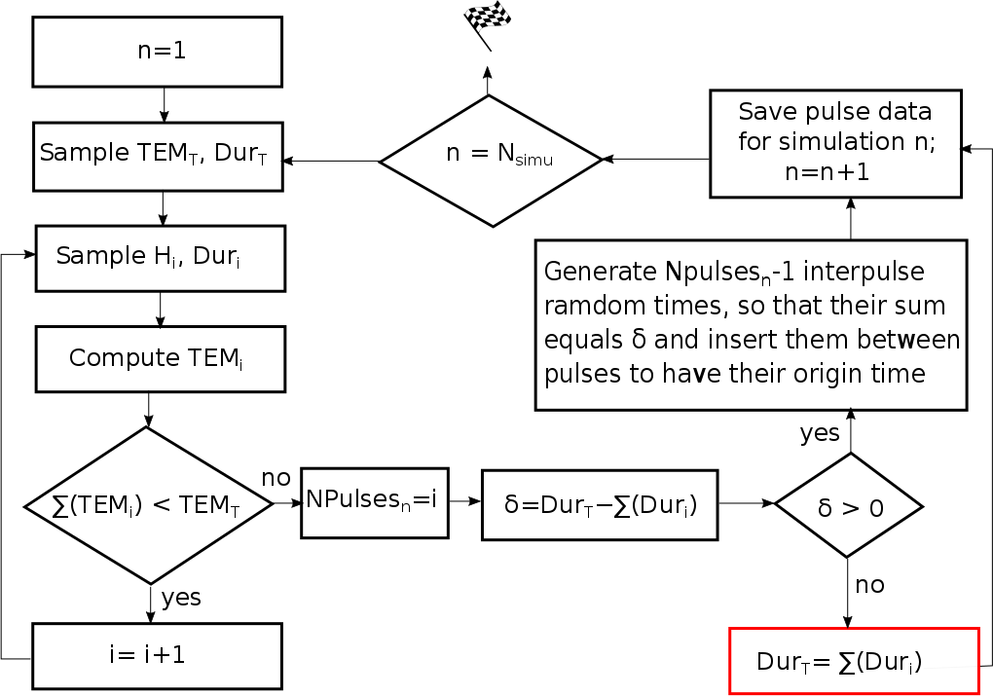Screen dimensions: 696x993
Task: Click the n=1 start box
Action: (x=158, y=52)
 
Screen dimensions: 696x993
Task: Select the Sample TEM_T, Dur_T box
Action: (x=158, y=156)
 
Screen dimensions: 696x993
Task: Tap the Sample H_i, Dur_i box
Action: (x=160, y=258)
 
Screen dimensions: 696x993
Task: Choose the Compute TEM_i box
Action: (x=160, y=359)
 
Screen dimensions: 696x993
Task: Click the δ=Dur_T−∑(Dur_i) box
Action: (x=600, y=504)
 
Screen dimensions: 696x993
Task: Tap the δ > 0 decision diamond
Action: (x=848, y=505)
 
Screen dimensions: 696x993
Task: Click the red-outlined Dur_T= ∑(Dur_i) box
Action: (x=853, y=661)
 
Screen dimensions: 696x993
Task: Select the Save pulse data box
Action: (x=835, y=143)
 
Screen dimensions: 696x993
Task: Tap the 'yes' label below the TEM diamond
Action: (x=181, y=597)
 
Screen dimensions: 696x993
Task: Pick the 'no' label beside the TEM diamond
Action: (x=276, y=478)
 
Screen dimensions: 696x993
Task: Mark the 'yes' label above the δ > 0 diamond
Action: (x=819, y=433)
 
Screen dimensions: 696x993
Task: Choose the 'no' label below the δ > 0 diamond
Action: (x=869, y=584)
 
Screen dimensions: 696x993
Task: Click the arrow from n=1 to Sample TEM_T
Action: (x=164, y=104)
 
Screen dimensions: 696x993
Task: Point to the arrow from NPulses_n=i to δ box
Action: (x=464, y=502)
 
